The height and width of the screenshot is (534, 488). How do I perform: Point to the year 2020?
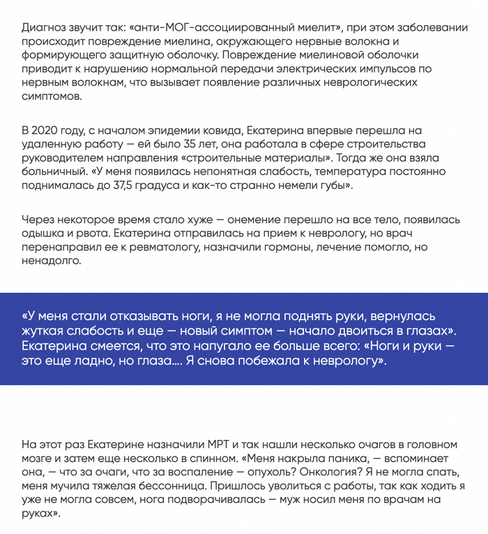[x=47, y=130]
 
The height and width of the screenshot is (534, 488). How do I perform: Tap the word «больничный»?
[x=53, y=171]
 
